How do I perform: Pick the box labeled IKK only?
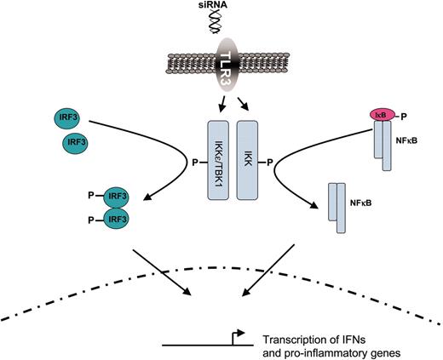[x=245, y=157]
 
